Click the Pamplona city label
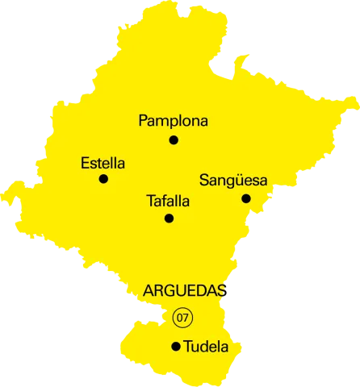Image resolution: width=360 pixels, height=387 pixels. pyautogui.click(x=173, y=121)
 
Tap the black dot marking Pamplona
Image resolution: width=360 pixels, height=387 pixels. pyautogui.click(x=174, y=140)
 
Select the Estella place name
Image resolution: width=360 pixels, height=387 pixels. pyautogui.click(x=103, y=163)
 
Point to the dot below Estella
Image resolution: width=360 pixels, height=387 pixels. pyautogui.click(x=103, y=179)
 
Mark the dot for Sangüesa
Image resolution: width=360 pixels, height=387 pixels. pyautogui.click(x=246, y=198)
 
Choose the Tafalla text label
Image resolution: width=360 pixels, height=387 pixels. pyautogui.click(x=168, y=202)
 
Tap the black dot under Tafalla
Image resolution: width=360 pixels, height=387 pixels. pyautogui.click(x=169, y=218)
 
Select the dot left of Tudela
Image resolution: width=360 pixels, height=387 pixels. pyautogui.click(x=176, y=347)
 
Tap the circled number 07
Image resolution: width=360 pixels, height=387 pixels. pyautogui.click(x=183, y=318)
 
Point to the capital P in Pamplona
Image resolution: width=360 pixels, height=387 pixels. pyautogui.click(x=144, y=121)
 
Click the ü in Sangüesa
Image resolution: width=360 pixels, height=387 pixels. pyautogui.click(x=233, y=181)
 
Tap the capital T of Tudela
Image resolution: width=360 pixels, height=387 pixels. pyautogui.click(x=189, y=347)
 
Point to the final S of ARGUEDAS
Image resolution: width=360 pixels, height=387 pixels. pyautogui.click(x=221, y=291)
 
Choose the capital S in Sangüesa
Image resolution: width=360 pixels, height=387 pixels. pyautogui.click(x=204, y=181)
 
